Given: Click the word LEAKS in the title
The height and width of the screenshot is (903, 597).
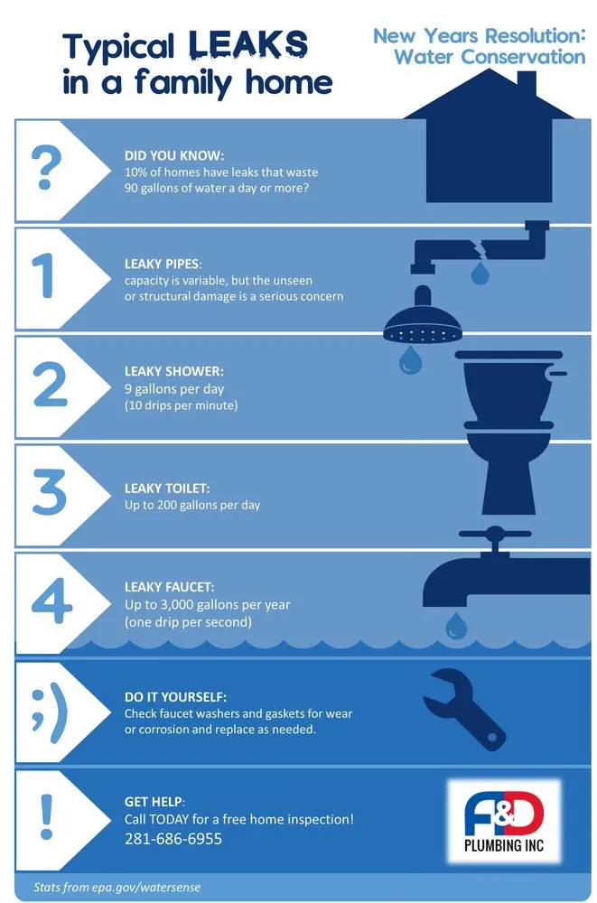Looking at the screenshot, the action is click(247, 45).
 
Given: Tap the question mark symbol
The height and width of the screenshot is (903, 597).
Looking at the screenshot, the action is click(46, 168).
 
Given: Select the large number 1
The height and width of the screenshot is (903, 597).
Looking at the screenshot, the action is click(44, 275).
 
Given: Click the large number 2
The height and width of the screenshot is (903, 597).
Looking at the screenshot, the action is click(51, 384).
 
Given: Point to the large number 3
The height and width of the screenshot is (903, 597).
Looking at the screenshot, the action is click(50, 491).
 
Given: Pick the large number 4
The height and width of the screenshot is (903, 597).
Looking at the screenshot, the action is click(51, 600).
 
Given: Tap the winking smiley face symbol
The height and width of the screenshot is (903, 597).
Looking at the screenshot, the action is click(50, 713).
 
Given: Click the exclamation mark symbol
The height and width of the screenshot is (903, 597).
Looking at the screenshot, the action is click(47, 816).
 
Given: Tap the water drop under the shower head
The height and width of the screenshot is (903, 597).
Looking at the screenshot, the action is click(410, 360).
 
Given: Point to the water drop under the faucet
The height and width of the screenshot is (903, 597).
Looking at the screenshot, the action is click(456, 626).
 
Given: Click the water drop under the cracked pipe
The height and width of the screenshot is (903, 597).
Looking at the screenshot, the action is click(480, 273).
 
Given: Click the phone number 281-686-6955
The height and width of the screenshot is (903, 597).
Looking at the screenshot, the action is click(173, 839).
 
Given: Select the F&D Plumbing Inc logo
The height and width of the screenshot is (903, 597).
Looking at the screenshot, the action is click(504, 822).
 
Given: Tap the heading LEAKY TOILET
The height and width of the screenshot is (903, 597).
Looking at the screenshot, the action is click(167, 489).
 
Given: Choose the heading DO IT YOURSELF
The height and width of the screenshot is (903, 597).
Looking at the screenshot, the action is click(176, 697).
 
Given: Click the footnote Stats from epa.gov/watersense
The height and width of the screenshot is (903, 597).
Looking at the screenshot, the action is click(117, 887).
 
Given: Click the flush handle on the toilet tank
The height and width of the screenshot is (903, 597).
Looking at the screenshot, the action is click(556, 373).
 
